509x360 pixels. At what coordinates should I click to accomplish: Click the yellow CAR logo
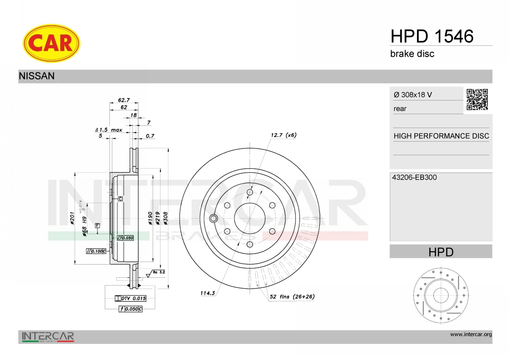[x=51, y=43]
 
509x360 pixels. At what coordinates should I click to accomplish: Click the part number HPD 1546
[x=432, y=36]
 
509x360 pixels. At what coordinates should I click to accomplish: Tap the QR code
[x=477, y=100]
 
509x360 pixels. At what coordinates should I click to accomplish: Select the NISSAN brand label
[x=36, y=76]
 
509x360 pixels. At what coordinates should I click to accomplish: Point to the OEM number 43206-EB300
[x=414, y=177]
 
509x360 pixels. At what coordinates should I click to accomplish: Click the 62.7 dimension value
[x=124, y=100]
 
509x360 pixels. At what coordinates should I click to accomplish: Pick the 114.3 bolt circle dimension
[x=207, y=293]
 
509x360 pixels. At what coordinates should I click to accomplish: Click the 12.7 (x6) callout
[x=284, y=135]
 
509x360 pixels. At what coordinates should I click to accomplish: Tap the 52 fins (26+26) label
[x=292, y=297]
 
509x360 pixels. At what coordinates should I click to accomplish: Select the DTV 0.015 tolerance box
[x=131, y=299]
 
